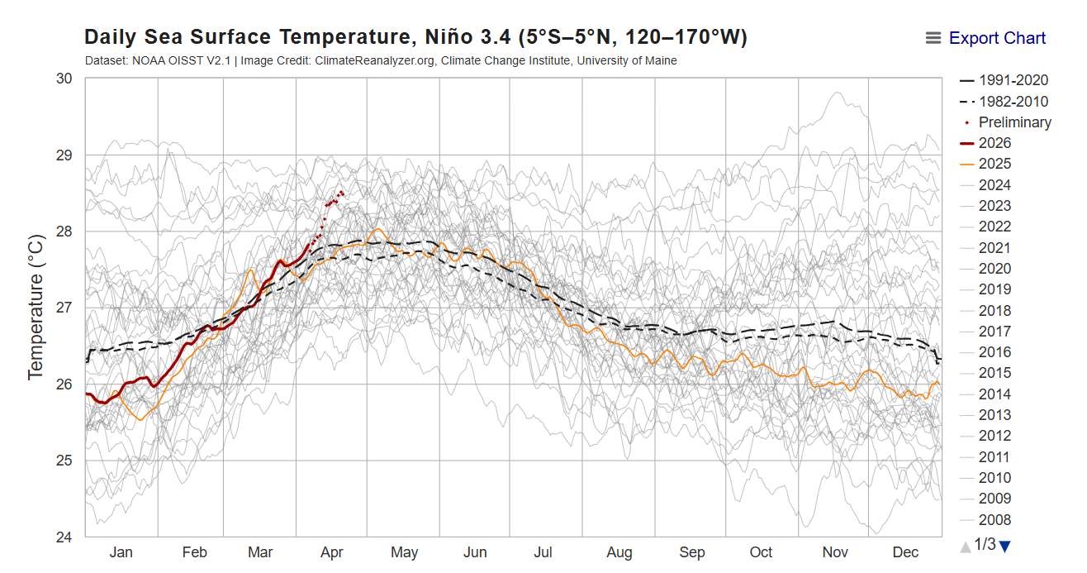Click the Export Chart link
pyautogui.click(x=997, y=38)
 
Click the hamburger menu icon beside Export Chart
pyautogui.click(x=933, y=38)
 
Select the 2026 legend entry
pyautogui.click(x=994, y=143)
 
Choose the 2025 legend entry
pyautogui.click(x=994, y=164)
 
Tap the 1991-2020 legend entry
pyautogui.click(x=1013, y=80)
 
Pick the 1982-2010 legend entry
pyautogui.click(x=1013, y=102)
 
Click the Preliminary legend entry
pyautogui.click(x=1014, y=122)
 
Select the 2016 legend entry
pyautogui.click(x=994, y=352)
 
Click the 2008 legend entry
pyautogui.click(x=994, y=520)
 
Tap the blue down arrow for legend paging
pyautogui.click(x=1004, y=546)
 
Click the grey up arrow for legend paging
pyautogui.click(x=965, y=546)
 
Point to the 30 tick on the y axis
pyautogui.click(x=64, y=79)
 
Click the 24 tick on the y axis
pyautogui.click(x=64, y=537)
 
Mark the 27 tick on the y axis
pyautogui.click(x=64, y=308)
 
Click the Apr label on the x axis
pyautogui.click(x=332, y=552)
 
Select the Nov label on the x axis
pyautogui.click(x=835, y=552)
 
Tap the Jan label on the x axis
pyautogui.click(x=121, y=552)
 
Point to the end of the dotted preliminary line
pyautogui.click(x=342, y=192)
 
